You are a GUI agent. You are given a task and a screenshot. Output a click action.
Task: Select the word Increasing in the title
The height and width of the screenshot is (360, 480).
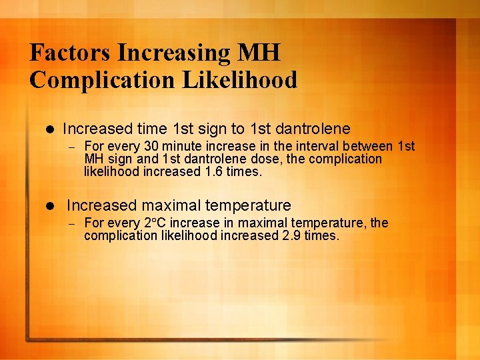click(174, 52)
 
